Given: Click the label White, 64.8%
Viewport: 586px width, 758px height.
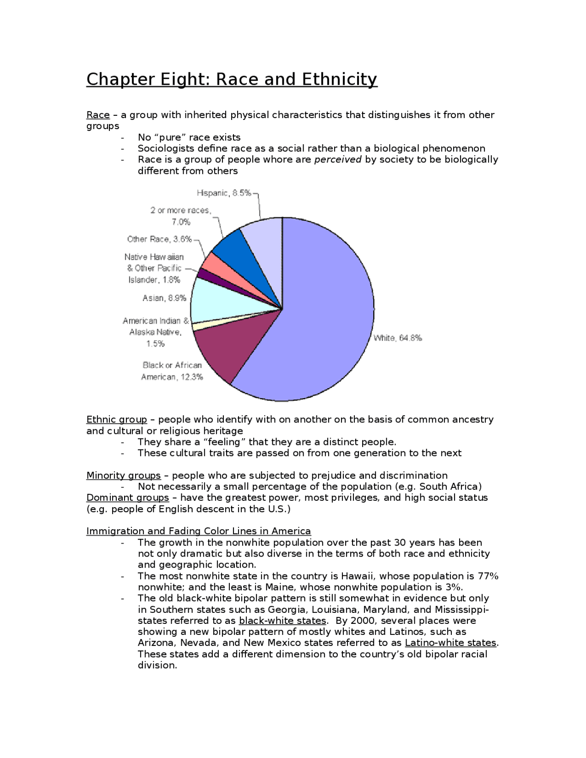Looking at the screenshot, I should (397, 338).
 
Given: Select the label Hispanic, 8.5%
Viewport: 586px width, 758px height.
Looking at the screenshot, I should (224, 193).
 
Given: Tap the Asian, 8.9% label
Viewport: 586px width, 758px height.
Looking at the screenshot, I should (164, 298).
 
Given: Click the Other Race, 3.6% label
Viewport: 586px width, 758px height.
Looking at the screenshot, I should (159, 239).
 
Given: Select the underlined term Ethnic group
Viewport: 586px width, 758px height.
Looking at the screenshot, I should (117, 419).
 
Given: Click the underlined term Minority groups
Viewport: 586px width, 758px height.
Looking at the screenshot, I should (123, 475).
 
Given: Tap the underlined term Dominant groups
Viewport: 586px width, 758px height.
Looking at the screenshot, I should (127, 498).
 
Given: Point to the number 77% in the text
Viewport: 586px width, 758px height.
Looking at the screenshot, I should (488, 576).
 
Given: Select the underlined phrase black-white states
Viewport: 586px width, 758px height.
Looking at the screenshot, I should (282, 621).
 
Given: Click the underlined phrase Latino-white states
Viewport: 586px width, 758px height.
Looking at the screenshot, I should (450, 643).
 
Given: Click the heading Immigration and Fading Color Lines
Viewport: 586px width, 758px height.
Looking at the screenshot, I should (198, 531).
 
